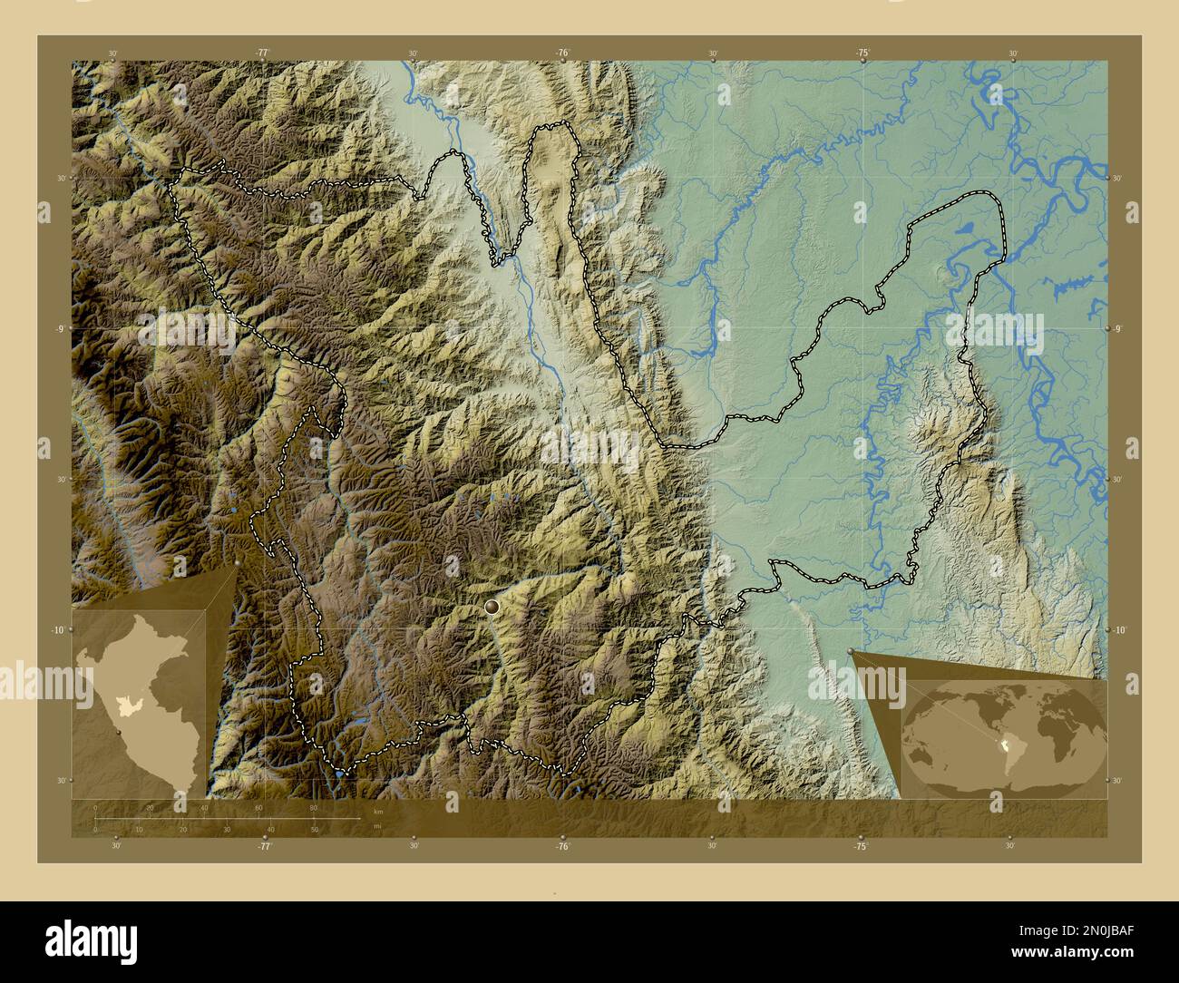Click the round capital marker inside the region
click(x=492, y=605)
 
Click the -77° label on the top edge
click(x=263, y=54)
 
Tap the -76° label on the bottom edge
click(x=562, y=846)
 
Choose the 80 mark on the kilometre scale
click(x=313, y=807)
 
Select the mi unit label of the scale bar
click(x=378, y=826)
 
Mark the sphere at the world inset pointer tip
click(x=851, y=651)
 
